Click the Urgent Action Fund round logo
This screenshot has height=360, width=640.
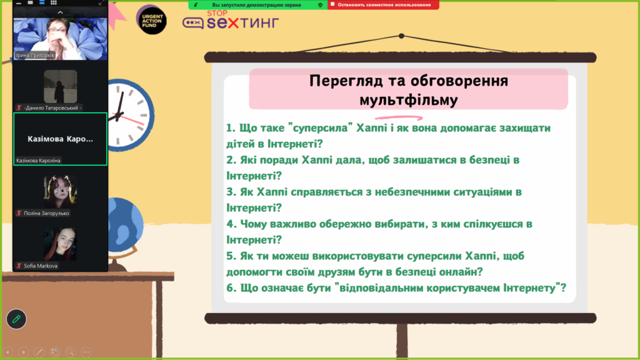click(x=151, y=20)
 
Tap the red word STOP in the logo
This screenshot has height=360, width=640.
click(x=217, y=13)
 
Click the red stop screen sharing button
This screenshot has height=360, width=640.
click(x=383, y=5)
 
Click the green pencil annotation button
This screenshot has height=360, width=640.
click(x=16, y=319)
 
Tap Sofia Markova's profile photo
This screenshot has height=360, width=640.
click(x=61, y=244)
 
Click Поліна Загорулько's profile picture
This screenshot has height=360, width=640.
click(x=61, y=191)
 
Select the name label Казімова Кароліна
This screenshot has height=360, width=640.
click(x=38, y=161)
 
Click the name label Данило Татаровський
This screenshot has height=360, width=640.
click(x=51, y=107)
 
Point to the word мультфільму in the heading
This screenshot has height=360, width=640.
click(x=409, y=100)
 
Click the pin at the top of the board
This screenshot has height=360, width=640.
click(x=402, y=36)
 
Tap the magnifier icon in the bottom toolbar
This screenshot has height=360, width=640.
click(x=70, y=352)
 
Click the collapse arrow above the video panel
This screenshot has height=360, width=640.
click(x=61, y=12)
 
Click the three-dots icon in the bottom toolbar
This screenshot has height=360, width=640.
click(x=86, y=352)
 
